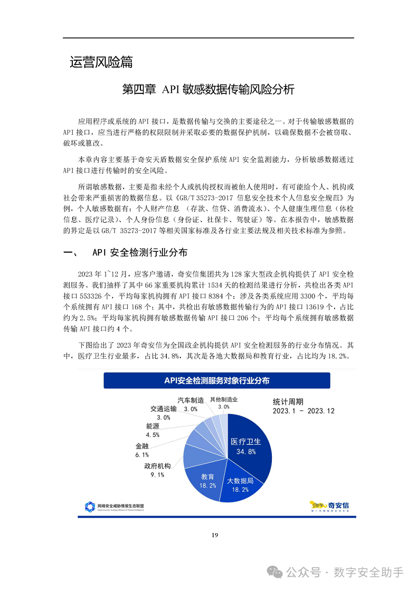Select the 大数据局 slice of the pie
[240, 484]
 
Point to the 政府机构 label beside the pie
[157, 467]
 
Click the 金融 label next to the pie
[141, 446]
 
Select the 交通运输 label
[163, 408]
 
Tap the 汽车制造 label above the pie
[191, 400]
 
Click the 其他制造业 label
[224, 400]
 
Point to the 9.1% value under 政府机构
[157, 474]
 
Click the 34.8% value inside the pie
[246, 452]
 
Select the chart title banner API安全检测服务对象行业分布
[216, 380]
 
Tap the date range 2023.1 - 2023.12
[304, 411]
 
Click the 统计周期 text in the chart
[288, 401]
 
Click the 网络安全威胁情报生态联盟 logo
[114, 507]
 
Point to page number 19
[214, 535]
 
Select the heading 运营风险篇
[101, 62]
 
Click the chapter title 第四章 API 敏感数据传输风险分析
[208, 89]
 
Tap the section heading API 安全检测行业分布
[139, 253]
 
